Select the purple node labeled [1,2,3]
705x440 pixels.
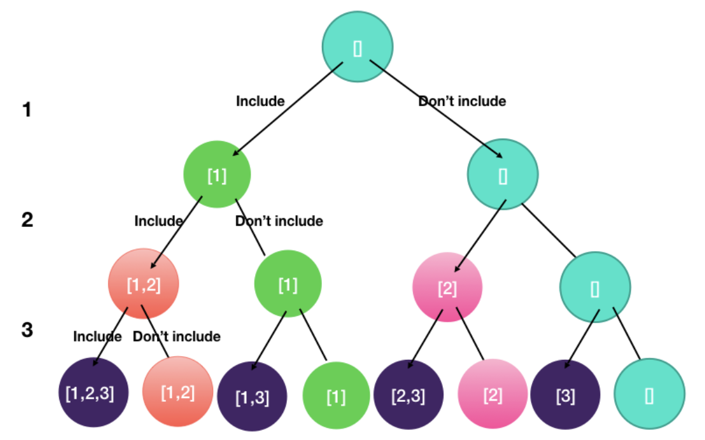pyautogui.click(x=89, y=393)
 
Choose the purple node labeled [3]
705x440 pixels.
pyautogui.click(x=565, y=395)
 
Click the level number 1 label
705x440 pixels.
pyautogui.click(x=27, y=110)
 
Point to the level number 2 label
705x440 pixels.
pyautogui.click(x=27, y=220)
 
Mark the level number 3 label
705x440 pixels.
pyautogui.click(x=27, y=330)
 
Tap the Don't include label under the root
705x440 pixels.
pyautogui.click(x=462, y=101)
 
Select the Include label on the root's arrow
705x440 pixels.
pyautogui.click(x=260, y=101)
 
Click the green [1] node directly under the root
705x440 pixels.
pyautogui.click(x=217, y=174)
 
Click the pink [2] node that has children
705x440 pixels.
pyautogui.click(x=447, y=287)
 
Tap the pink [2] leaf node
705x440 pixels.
pyautogui.click(x=492, y=395)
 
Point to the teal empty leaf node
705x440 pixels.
pyautogui.click(x=650, y=394)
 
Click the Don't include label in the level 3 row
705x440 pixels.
pyautogui.click(x=176, y=336)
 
